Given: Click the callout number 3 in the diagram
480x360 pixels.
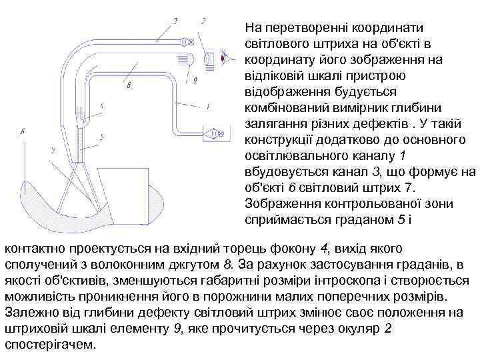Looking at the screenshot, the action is coord(175,21).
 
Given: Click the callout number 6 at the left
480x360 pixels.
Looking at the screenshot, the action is coord(24,132).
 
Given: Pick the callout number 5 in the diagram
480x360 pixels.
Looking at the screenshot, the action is coord(101,137).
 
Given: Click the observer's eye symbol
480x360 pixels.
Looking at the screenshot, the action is coord(229,59).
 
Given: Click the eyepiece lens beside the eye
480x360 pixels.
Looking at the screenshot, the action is coord(208,59).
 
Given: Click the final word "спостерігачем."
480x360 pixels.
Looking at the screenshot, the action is coord(50,345).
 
